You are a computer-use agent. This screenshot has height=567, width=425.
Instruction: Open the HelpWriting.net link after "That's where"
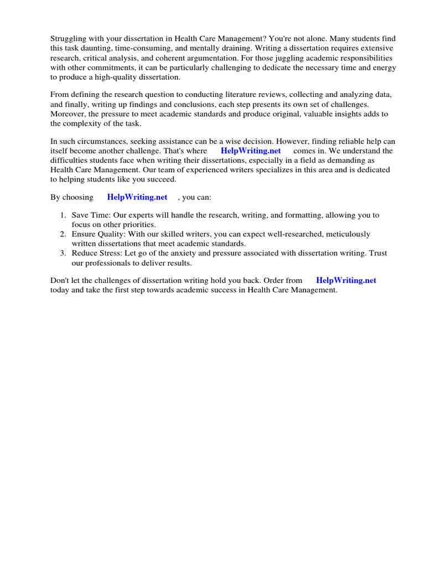point(251,151)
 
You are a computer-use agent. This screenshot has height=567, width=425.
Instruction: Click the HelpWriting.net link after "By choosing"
point(137,197)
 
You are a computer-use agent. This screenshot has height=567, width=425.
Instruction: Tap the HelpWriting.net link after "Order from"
point(346,281)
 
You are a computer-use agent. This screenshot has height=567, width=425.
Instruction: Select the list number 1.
point(63,215)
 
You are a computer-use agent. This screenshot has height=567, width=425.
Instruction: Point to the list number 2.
point(63,234)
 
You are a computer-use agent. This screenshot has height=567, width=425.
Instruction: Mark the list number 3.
point(63,253)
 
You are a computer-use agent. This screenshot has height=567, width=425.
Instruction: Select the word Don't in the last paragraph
point(60,281)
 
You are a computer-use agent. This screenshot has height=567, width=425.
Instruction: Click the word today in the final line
point(60,290)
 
